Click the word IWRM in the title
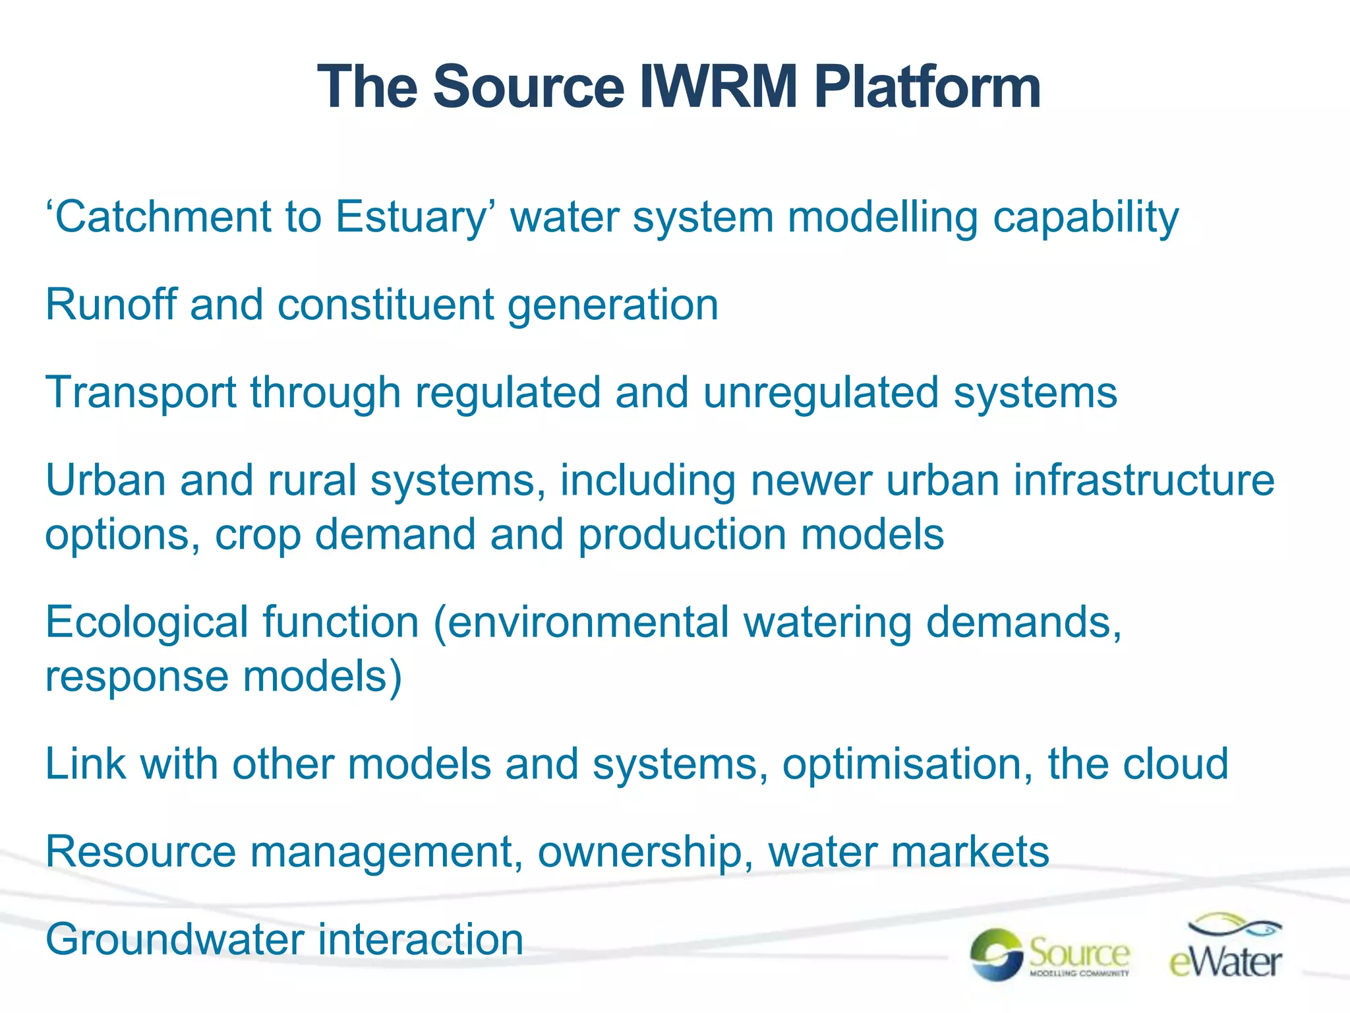[x=719, y=87]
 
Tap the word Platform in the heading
[x=927, y=87]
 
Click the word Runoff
[x=111, y=305]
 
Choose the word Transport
[x=140, y=392]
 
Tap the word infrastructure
[x=1144, y=480]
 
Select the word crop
[x=258, y=534]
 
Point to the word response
[x=136, y=677]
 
